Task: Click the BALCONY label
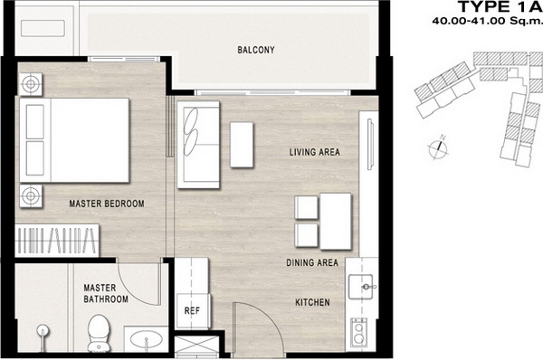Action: click(256, 50)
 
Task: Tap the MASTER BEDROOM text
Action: click(107, 204)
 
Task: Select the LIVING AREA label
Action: click(315, 152)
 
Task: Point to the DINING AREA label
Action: click(312, 262)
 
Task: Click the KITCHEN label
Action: click(312, 302)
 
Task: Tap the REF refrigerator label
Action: click(192, 311)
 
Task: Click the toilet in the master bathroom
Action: click(99, 332)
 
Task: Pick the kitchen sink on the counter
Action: click(361, 287)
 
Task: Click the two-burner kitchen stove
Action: click(358, 332)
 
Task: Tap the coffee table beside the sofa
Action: click(242, 145)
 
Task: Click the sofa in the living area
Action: click(198, 145)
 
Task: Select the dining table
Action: click(336, 222)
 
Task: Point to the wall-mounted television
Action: click(370, 144)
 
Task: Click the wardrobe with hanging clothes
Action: click(57, 241)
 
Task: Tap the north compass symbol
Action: click(438, 147)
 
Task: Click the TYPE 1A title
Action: click(500, 6)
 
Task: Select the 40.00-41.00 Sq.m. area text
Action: click(487, 21)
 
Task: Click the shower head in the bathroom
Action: click(43, 336)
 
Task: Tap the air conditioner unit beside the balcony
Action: click(43, 28)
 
